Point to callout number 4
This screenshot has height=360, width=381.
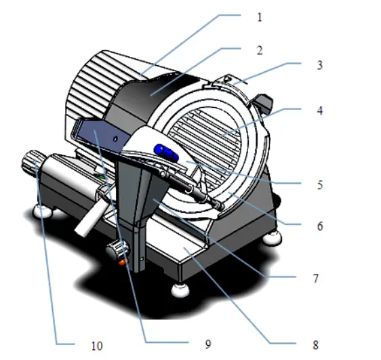point(320,108)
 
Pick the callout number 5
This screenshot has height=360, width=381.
point(319,184)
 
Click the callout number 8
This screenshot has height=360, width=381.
point(315,344)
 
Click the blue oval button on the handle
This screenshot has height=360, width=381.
point(167,153)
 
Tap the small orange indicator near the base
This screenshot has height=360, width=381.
point(122,261)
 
